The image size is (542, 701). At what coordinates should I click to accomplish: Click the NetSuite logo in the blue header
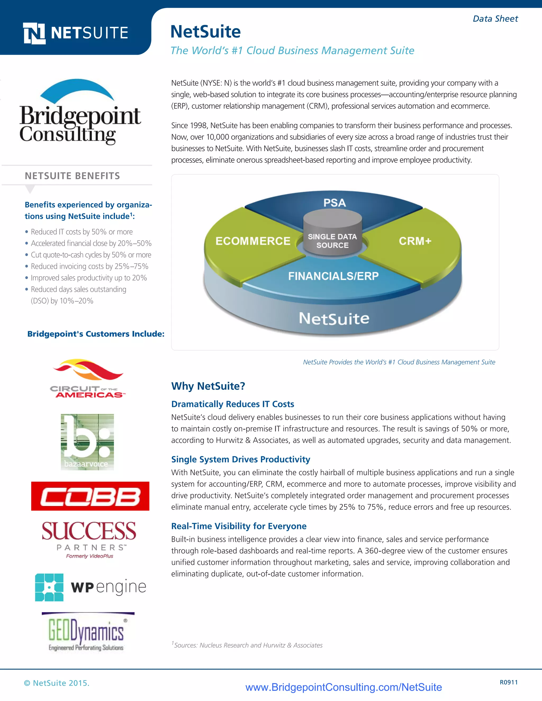[x=76, y=33]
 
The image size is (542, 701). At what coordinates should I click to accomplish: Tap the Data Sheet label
[x=495, y=19]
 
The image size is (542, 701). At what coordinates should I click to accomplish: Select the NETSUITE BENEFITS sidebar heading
[x=72, y=176]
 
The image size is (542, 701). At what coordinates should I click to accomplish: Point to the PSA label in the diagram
[x=335, y=203]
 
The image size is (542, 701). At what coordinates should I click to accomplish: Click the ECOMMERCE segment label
[x=253, y=241]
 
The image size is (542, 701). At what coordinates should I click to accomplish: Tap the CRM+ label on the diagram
[x=415, y=241]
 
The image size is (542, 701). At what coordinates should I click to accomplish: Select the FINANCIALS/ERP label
[x=333, y=276]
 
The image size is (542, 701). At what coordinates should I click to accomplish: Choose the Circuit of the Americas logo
[x=87, y=379]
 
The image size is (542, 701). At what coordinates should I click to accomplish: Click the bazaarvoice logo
[x=87, y=442]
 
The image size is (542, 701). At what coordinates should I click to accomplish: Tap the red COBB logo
[x=90, y=496]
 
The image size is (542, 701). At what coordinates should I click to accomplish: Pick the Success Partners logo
[x=89, y=539]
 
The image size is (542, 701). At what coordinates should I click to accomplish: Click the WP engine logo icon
[x=49, y=587]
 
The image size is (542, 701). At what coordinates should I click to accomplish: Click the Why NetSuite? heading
[x=208, y=386]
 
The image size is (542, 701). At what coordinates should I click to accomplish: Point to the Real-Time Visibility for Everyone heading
[x=238, y=526]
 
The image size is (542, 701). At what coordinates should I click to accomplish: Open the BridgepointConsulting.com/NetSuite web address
[x=344, y=687]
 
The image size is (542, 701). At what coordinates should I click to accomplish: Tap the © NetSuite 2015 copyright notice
[x=57, y=683]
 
